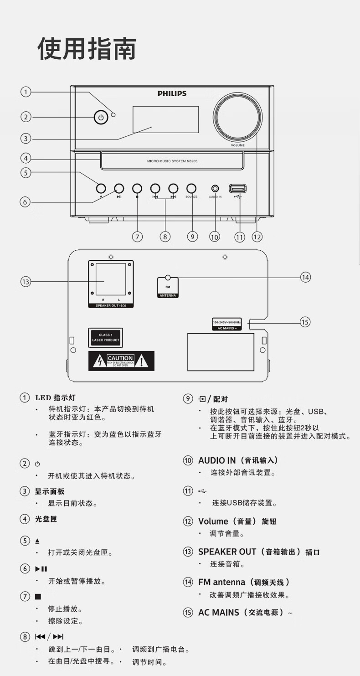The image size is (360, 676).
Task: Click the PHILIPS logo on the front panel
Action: click(x=172, y=93)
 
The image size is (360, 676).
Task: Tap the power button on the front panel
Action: click(x=101, y=118)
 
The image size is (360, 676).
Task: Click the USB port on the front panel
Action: click(x=237, y=188)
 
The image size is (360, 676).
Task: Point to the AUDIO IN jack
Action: click(x=215, y=188)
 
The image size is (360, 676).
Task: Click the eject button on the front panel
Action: click(x=101, y=188)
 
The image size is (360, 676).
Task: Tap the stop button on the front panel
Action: click(x=137, y=188)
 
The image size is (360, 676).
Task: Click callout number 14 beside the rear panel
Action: click(x=305, y=277)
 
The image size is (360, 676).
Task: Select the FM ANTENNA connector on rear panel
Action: click(x=168, y=287)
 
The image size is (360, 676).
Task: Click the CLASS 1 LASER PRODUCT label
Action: click(x=105, y=338)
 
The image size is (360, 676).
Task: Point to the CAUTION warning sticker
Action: click(x=121, y=361)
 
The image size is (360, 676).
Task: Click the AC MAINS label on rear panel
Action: click(x=226, y=325)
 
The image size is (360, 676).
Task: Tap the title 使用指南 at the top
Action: click(x=87, y=49)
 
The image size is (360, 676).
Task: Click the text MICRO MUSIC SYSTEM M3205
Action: click(x=172, y=161)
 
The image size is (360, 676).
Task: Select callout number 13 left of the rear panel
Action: click(x=25, y=282)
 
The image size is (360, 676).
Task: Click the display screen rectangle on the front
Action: click(x=165, y=119)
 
